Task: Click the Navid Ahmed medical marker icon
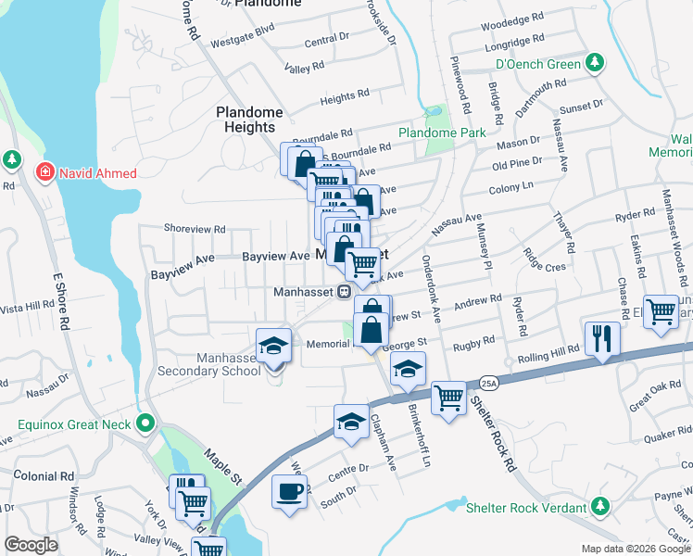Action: pos(43,172)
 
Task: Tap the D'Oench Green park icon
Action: pos(594,64)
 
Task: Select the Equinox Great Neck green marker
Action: pos(145,425)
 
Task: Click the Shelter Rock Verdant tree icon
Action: pos(600,507)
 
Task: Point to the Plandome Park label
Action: pos(442,133)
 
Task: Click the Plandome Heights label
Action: pos(249,120)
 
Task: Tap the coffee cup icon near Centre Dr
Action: pos(289,489)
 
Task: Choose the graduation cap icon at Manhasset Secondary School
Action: pos(272,345)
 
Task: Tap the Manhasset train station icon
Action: pos(344,291)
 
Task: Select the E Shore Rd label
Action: pos(63,300)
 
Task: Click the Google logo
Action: pos(31,545)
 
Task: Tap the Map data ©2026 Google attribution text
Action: pos(636,549)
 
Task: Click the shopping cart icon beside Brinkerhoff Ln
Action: pos(448,398)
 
